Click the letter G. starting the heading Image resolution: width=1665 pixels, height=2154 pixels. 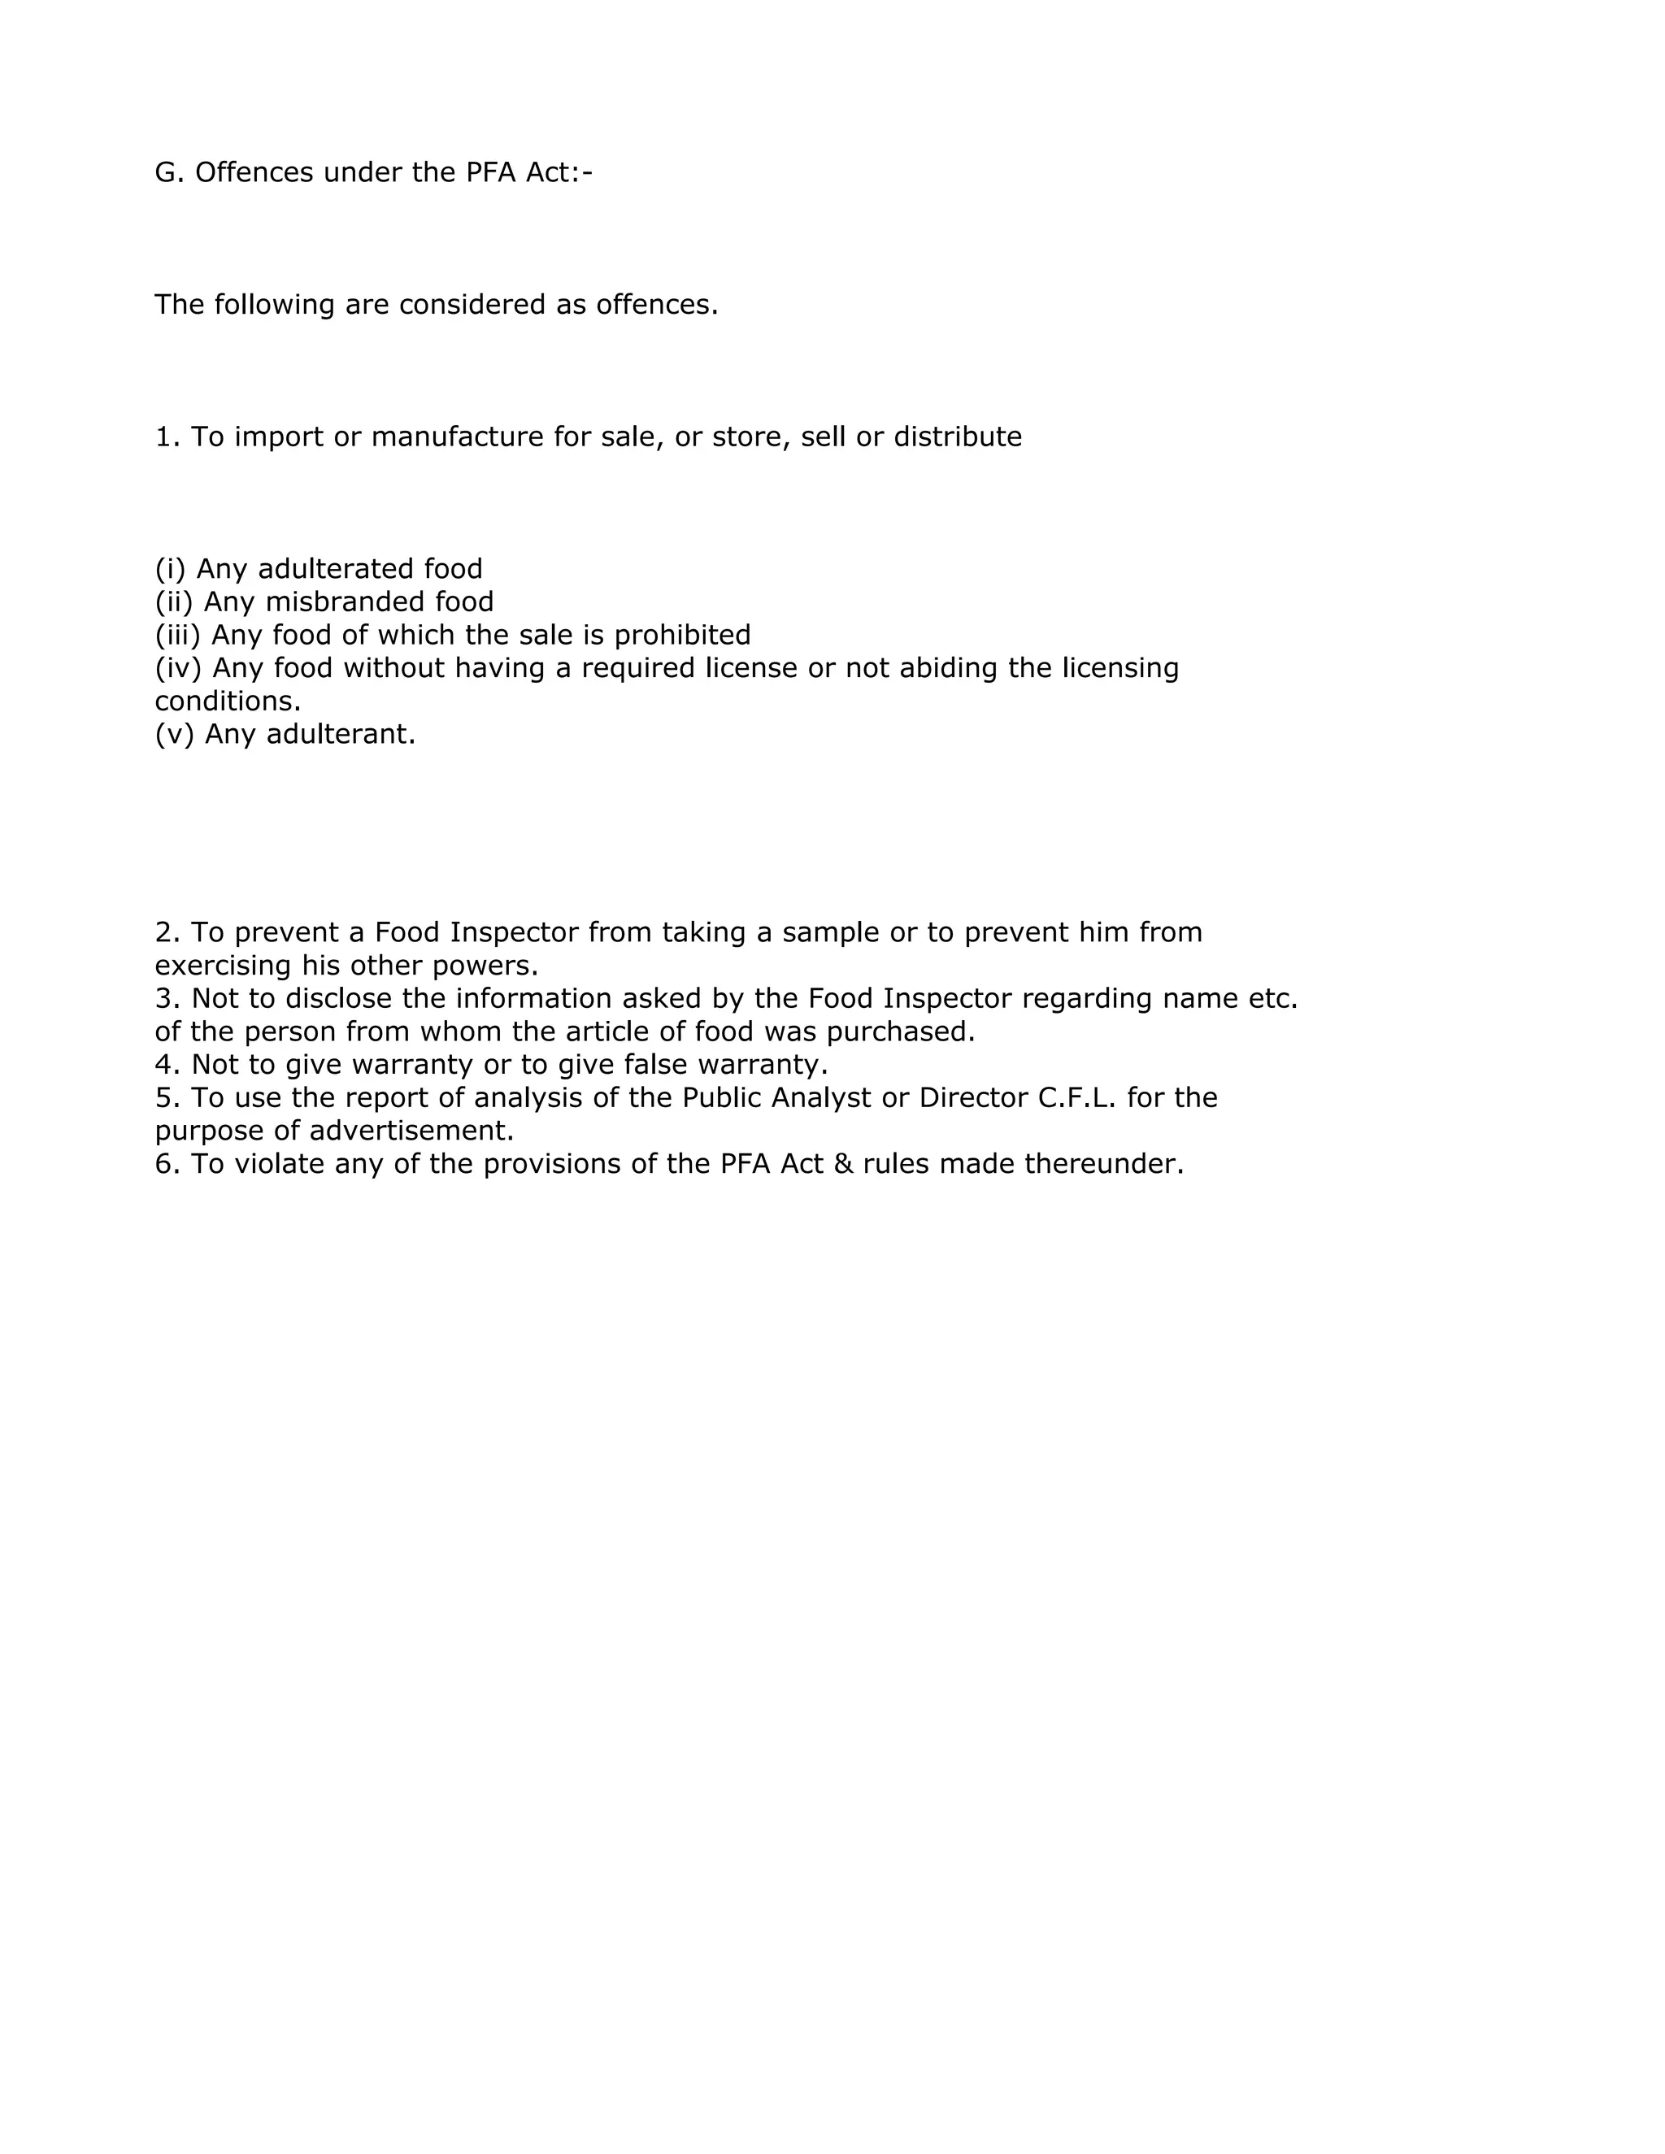pyautogui.click(x=168, y=172)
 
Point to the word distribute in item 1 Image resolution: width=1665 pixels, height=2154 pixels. pyautogui.click(x=957, y=437)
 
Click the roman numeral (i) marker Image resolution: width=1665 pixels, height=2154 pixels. pyautogui.click(x=171, y=569)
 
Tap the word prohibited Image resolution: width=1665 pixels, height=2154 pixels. pyautogui.click(x=683, y=634)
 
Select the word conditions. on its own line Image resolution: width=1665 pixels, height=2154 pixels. pyautogui.click(x=228, y=701)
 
